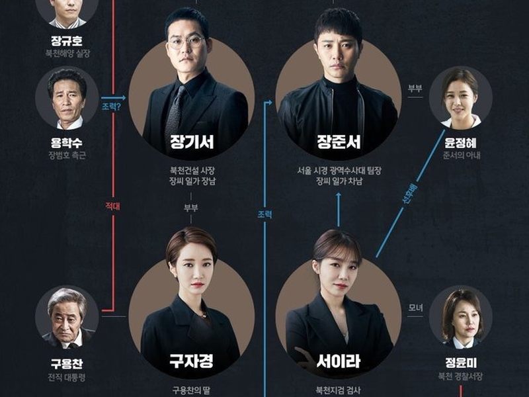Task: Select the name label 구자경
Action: [x=192, y=361]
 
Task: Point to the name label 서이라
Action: [x=338, y=361]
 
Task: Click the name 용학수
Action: [x=67, y=142]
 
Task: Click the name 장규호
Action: [x=67, y=40]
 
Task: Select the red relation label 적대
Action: [x=112, y=206]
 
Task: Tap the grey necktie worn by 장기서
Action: [x=175, y=109]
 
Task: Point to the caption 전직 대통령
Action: [x=67, y=378]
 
